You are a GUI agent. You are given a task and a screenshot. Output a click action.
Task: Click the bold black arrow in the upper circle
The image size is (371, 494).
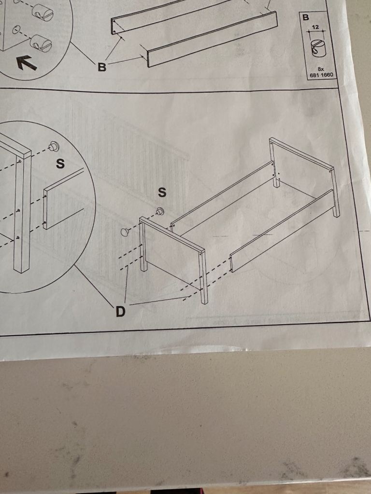coord(27,63)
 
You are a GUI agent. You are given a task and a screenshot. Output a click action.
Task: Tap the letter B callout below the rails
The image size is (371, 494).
coord(101,67)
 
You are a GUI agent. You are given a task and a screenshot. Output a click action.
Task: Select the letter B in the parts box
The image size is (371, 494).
coord(306,17)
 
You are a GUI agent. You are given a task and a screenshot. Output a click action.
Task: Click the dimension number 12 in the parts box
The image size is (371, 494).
coord(315,27)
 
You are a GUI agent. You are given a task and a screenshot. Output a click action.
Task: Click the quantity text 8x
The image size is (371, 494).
coord(321,69)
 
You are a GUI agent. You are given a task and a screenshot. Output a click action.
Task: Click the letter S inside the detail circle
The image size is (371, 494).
coord(60,164)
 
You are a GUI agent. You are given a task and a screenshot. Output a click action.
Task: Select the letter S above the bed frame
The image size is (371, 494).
coord(162,192)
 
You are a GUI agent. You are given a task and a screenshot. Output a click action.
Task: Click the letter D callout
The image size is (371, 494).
coord(120,312)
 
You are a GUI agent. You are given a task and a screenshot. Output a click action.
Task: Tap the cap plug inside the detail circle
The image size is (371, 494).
coord(54,146)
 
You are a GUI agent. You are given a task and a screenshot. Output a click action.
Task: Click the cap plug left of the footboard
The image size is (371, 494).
coord(125,232)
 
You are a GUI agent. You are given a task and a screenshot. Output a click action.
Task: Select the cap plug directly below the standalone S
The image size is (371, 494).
coord(160,211)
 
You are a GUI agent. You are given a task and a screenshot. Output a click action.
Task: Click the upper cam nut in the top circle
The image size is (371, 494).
coord(43,12)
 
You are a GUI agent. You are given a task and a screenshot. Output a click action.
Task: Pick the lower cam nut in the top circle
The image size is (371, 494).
coord(41,43)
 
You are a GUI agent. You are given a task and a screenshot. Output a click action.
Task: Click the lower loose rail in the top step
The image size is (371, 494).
coord(212,39)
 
